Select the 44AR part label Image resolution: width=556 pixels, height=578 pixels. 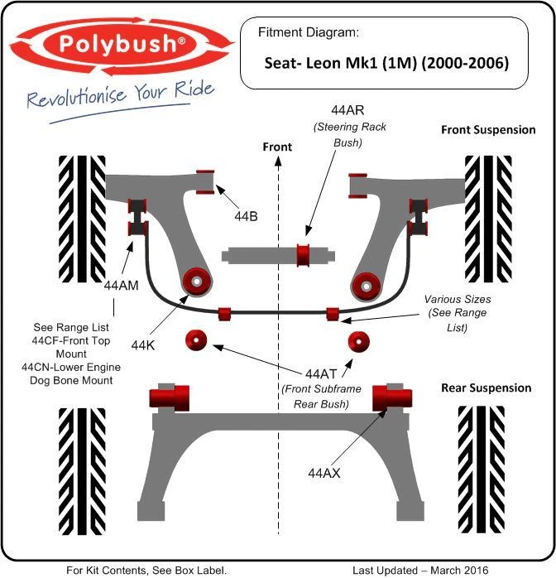[x=349, y=109]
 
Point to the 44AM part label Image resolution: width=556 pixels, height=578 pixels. [x=122, y=284]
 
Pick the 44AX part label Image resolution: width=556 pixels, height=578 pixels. [x=324, y=474]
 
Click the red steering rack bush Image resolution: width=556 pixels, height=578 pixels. [x=304, y=253]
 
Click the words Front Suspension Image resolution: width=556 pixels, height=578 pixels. [x=487, y=130]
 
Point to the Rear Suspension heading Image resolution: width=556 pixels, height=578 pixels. [x=486, y=388]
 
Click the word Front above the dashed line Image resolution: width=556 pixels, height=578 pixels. [x=277, y=147]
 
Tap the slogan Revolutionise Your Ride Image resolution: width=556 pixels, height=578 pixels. [x=120, y=96]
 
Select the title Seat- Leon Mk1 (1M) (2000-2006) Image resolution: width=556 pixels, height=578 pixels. [x=386, y=62]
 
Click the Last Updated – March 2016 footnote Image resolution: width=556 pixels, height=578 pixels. [x=421, y=570]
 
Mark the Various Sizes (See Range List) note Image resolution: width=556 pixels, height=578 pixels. [x=458, y=313]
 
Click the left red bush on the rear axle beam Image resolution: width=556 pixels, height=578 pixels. [x=170, y=397]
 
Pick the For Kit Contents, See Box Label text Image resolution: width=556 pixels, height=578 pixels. [x=146, y=570]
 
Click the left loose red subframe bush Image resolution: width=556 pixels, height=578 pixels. [x=196, y=340]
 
